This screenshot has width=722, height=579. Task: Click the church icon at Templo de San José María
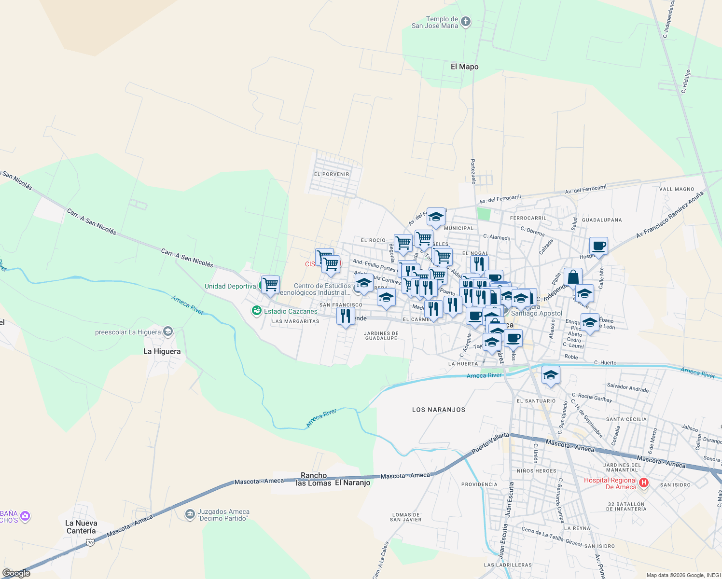coord(466,22)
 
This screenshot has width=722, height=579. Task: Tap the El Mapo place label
coord(464,67)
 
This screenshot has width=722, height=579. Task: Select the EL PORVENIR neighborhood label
coord(332,174)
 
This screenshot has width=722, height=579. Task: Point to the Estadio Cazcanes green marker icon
coord(257,311)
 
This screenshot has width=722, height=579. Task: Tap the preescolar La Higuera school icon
coord(168,331)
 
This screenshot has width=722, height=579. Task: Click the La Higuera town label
coord(162,351)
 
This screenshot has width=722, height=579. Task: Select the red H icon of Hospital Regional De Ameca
coord(643,482)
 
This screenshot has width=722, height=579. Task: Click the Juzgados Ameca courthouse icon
coord(190,514)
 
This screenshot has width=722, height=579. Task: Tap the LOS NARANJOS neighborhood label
coord(439,410)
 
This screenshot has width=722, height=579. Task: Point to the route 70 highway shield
coord(90,543)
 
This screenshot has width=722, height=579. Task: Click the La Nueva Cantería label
coord(81,527)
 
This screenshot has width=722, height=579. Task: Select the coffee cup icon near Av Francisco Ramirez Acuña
coord(598,246)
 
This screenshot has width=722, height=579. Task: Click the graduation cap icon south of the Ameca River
coord(551,375)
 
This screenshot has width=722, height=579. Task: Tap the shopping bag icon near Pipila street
coord(573,277)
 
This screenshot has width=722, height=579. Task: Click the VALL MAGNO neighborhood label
coord(677,189)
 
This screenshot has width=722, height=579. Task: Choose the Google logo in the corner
coord(16,573)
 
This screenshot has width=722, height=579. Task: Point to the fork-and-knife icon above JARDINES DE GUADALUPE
coord(346,316)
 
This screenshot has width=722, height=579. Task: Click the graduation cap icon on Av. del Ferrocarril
coord(436,217)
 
